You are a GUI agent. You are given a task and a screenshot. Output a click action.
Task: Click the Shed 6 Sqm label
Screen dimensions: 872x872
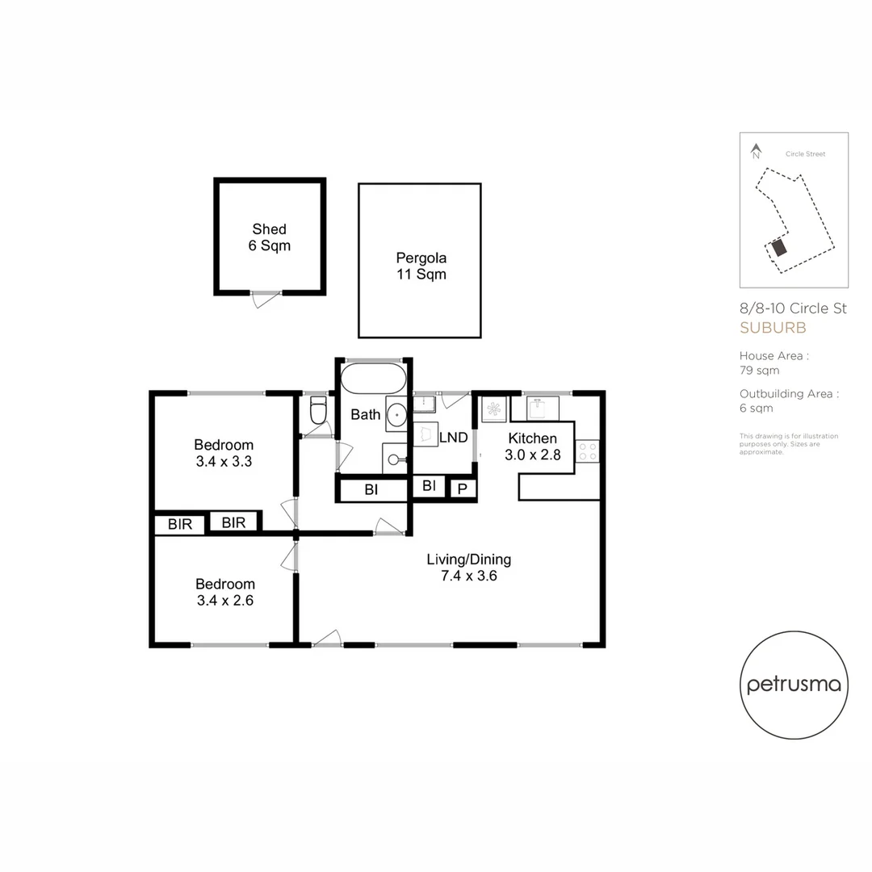coord(269,237)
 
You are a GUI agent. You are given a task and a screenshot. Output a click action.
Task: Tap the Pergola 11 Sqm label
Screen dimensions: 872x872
coord(420,266)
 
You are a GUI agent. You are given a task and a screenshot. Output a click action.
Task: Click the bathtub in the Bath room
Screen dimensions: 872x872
coord(373,378)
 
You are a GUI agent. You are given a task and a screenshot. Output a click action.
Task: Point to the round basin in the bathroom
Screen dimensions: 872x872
coord(397,415)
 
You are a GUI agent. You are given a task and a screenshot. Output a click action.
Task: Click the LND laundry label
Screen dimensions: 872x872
coord(453,438)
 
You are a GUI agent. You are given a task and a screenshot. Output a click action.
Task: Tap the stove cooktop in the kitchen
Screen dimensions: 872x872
coord(587,451)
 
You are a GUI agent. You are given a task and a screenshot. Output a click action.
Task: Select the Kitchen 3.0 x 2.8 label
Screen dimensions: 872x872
coord(531,446)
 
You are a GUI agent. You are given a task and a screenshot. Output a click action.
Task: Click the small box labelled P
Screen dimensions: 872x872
coord(462,488)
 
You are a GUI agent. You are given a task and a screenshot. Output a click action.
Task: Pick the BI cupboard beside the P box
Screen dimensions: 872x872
coord(429,486)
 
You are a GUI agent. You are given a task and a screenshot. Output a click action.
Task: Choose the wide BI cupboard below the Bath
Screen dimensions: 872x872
coord(371,489)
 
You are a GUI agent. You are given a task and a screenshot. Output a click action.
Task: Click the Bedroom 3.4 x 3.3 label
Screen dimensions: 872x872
coord(224,453)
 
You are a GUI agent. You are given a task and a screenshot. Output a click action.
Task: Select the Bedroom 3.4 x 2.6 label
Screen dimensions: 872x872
coord(224,592)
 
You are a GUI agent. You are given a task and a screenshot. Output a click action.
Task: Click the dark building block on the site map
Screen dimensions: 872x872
coord(778,248)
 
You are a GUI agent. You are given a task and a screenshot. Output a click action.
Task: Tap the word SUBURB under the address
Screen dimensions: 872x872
coord(773,328)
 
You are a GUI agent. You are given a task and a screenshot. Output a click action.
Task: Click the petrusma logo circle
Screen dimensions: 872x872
coord(794,685)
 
